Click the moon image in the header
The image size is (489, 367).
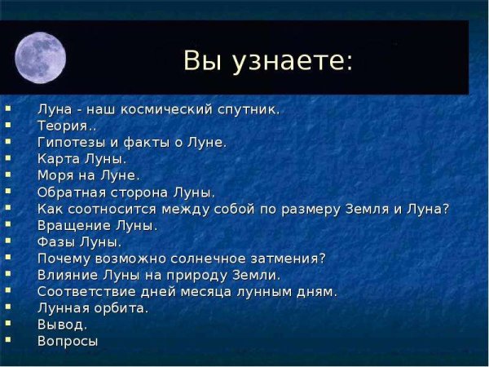click(x=40, y=57)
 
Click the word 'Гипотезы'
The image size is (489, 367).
click(x=70, y=142)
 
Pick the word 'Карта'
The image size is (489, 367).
click(x=57, y=158)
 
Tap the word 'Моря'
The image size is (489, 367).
click(x=55, y=175)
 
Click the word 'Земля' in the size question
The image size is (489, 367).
click(x=364, y=209)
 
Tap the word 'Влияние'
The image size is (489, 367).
click(x=66, y=275)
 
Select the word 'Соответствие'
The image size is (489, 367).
click(x=85, y=291)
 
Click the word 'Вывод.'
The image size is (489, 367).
click(x=62, y=325)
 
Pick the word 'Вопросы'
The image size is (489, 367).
click(x=68, y=342)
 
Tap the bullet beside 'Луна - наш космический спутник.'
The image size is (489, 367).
click(x=7, y=107)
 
